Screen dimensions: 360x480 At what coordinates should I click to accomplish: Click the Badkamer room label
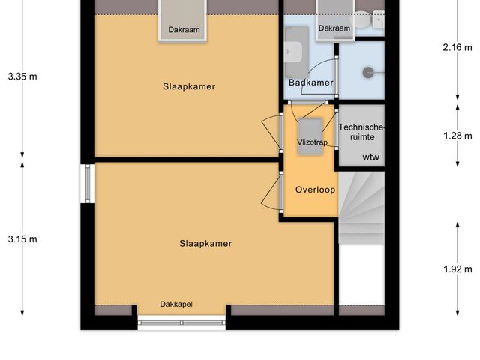pyautogui.click(x=310, y=82)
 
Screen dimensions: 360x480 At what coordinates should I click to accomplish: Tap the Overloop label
pyautogui.click(x=315, y=190)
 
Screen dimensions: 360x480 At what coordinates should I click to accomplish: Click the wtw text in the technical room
pyautogui.click(x=371, y=157)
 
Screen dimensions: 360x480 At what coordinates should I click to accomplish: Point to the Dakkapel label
pyautogui.click(x=176, y=304)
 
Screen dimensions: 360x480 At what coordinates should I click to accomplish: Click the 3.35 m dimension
pyautogui.click(x=22, y=76)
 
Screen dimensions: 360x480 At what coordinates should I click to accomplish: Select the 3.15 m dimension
pyautogui.click(x=22, y=239)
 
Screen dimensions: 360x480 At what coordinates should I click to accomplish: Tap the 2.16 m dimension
pyautogui.click(x=457, y=46)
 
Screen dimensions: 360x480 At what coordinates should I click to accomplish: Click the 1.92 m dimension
pyautogui.click(x=457, y=269)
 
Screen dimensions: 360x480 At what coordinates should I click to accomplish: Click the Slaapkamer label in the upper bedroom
pyautogui.click(x=189, y=86)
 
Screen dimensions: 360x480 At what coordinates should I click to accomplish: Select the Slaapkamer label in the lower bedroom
pyautogui.click(x=205, y=243)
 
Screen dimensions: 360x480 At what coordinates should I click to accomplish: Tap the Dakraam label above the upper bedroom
pyautogui.click(x=184, y=30)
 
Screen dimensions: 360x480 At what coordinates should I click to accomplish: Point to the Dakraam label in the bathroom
pyautogui.click(x=334, y=28)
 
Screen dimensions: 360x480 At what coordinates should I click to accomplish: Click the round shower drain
pyautogui.click(x=369, y=73)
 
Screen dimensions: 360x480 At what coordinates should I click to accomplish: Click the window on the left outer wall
pyautogui.click(x=88, y=184)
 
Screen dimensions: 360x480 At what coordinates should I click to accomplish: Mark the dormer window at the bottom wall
pyautogui.click(x=182, y=323)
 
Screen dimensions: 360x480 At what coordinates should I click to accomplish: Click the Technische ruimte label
pyautogui.click(x=361, y=132)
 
